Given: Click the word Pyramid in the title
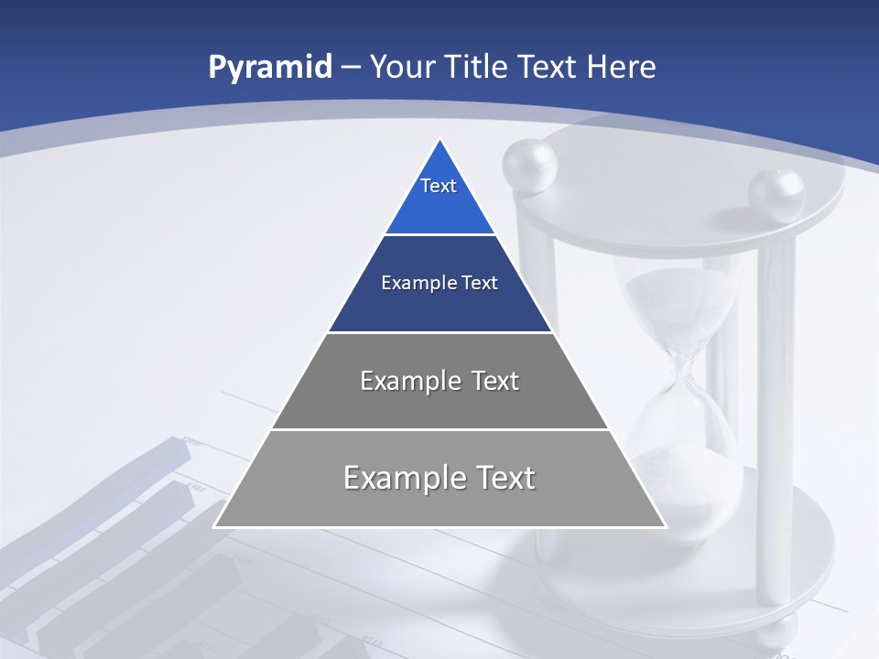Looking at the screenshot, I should click(x=269, y=68).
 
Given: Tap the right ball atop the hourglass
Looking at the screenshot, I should click(x=776, y=194).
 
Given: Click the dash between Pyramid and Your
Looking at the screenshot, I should click(x=351, y=68).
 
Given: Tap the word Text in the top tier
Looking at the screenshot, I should click(x=439, y=186).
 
